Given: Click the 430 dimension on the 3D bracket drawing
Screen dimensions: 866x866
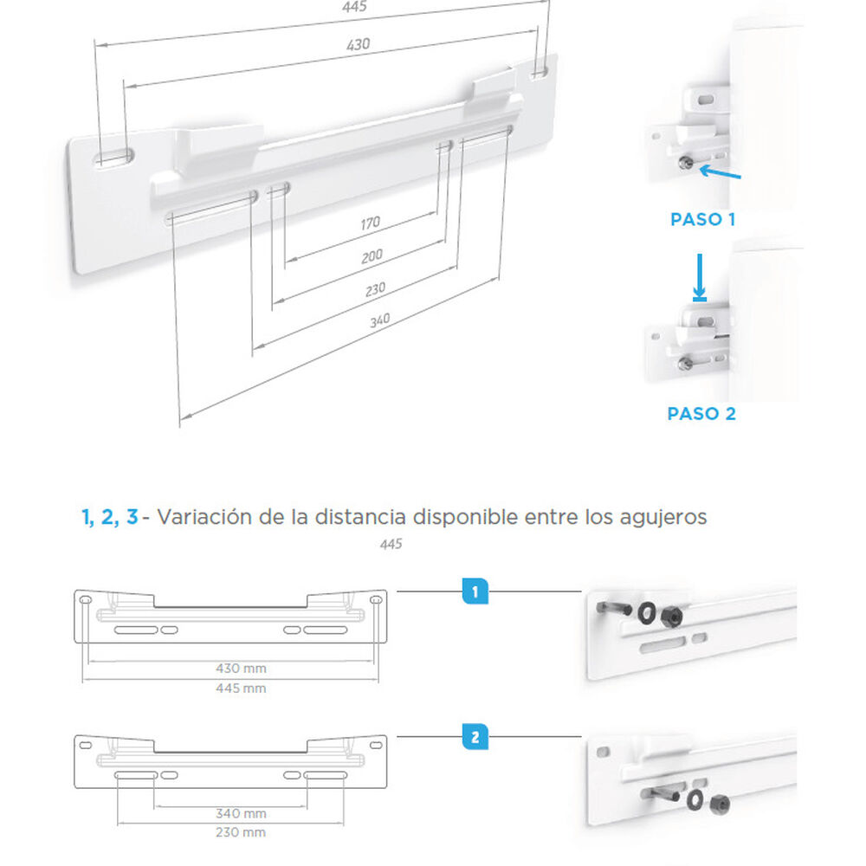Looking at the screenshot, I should coord(359,44).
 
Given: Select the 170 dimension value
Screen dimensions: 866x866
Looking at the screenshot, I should coord(370,223).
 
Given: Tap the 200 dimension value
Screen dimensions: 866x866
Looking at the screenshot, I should coord(372,255).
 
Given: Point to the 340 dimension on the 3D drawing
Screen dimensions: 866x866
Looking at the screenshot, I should coord(379,320).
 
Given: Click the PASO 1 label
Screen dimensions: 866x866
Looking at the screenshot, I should coord(702,220).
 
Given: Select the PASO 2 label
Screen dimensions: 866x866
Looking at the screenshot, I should coord(701,414).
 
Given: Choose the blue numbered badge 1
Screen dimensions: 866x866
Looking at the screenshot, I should coord(475,592).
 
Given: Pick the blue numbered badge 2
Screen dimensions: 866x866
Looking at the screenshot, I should coord(475,738).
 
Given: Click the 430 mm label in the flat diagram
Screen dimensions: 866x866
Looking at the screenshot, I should coord(242,669).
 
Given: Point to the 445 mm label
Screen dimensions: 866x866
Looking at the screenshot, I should coord(242,688).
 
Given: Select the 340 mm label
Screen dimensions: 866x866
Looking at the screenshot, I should coord(241,814).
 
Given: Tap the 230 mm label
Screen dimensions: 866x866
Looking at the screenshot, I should coord(241,832).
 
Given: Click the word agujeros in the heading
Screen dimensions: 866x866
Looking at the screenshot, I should coord(666,518).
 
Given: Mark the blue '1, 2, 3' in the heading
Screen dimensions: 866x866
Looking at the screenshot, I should coord(109,518).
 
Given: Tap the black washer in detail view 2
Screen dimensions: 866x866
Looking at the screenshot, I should coord(695,798).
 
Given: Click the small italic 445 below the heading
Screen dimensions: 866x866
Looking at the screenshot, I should coord(391,545).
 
